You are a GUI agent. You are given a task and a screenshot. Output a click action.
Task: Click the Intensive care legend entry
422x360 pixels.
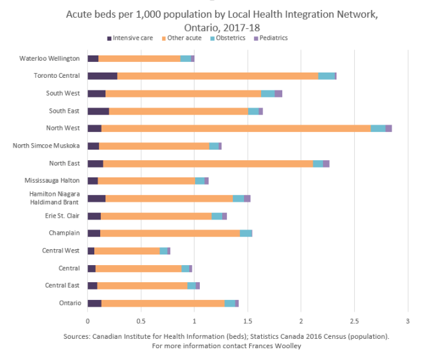tap(132, 38)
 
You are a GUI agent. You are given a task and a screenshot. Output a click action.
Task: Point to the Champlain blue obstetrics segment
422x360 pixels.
tap(246, 233)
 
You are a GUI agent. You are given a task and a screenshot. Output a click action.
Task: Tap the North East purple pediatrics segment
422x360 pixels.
tap(326, 163)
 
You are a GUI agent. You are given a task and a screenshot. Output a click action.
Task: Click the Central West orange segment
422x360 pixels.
tap(127, 251)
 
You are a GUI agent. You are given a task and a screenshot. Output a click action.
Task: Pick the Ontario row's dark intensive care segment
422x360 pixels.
tap(94, 303)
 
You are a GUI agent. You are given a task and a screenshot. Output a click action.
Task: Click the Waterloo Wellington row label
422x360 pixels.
tap(49, 59)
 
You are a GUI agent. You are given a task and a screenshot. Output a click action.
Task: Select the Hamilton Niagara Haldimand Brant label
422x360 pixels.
tap(54, 198)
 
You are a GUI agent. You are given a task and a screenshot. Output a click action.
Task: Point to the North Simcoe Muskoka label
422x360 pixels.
tap(47, 146)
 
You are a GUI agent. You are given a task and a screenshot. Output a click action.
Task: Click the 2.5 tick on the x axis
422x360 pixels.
tap(354, 321)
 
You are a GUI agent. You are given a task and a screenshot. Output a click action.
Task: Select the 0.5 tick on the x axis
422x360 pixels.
tap(140, 321)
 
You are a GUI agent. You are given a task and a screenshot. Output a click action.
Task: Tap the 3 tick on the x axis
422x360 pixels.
tap(407, 321)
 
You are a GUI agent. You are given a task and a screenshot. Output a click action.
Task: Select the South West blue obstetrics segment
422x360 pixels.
tap(268, 94)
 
